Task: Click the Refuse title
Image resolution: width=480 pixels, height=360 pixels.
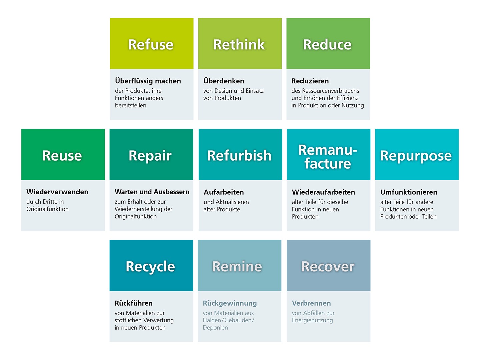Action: [x=151, y=45]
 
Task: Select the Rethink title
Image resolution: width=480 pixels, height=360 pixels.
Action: [x=239, y=45]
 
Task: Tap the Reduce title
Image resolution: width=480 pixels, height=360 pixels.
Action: [x=327, y=45]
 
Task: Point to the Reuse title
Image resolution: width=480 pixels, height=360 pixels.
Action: [x=62, y=156]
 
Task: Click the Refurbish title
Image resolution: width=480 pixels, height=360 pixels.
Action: [x=239, y=156]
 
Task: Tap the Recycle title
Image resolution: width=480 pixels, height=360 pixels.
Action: [x=150, y=267]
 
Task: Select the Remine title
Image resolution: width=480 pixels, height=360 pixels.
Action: [x=237, y=266]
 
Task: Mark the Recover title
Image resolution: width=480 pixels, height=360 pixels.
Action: [x=328, y=266]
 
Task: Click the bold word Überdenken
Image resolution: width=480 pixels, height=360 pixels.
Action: [x=224, y=81]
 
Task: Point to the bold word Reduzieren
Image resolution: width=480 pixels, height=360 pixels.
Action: [x=310, y=81]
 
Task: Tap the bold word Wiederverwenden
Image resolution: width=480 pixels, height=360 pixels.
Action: [x=57, y=192]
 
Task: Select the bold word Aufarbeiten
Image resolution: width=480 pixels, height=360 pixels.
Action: [x=224, y=192]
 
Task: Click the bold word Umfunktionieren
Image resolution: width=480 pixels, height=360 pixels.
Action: [x=409, y=192]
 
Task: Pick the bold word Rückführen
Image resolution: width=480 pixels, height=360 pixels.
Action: [x=134, y=303]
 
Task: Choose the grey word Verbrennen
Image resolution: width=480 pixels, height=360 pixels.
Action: [x=311, y=303]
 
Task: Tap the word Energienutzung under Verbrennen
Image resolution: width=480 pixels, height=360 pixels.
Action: [x=312, y=321]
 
